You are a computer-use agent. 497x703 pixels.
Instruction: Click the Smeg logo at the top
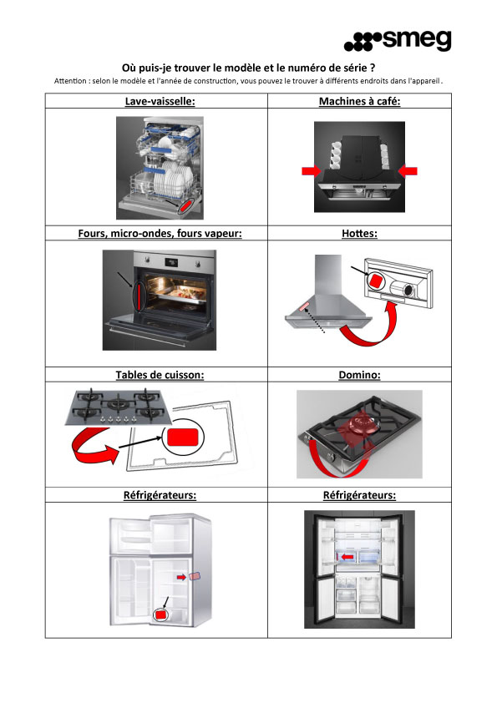point(398,40)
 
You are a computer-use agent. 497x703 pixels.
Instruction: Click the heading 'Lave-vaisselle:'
point(160,101)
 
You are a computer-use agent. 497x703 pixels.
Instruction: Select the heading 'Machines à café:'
point(359,101)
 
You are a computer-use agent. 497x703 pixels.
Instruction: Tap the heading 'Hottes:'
point(359,233)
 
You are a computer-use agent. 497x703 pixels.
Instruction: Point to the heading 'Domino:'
point(359,375)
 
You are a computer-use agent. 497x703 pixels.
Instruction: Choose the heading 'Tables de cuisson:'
point(160,375)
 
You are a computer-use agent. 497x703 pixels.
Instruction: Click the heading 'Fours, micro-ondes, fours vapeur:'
point(160,233)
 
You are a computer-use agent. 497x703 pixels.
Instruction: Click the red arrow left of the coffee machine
point(312,171)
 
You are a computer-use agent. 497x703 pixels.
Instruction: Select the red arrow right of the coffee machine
point(408,171)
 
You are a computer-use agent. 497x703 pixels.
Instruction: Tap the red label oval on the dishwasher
point(185,205)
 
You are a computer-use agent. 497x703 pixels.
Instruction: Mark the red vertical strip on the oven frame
point(139,296)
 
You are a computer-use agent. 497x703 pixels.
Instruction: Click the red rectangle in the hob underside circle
point(182,437)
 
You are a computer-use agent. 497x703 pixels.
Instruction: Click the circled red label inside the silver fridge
point(160,614)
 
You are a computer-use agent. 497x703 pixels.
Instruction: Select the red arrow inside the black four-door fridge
point(347,557)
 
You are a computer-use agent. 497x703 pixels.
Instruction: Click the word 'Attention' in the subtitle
point(70,81)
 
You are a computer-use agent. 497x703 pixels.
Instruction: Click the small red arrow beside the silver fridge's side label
point(181,577)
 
